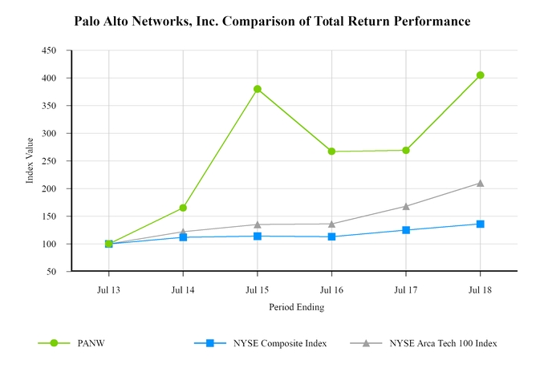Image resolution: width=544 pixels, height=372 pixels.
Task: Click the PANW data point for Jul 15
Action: pyautogui.click(x=258, y=89)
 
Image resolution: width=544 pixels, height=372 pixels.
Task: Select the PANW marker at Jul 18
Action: pyautogui.click(x=480, y=75)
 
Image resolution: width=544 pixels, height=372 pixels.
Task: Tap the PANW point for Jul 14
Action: pyautogui.click(x=183, y=208)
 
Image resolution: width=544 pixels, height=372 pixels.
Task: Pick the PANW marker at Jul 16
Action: pyautogui.click(x=331, y=152)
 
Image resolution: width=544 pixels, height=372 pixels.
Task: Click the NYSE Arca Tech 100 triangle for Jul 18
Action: pyautogui.click(x=480, y=183)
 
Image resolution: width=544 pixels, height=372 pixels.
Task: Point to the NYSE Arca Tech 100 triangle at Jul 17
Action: pyautogui.click(x=406, y=206)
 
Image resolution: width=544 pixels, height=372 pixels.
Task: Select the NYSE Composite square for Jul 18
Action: pyautogui.click(x=480, y=224)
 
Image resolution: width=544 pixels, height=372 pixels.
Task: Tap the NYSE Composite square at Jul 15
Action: pyautogui.click(x=258, y=236)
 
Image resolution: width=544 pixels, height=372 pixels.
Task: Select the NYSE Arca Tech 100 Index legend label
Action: pyautogui.click(x=443, y=343)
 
